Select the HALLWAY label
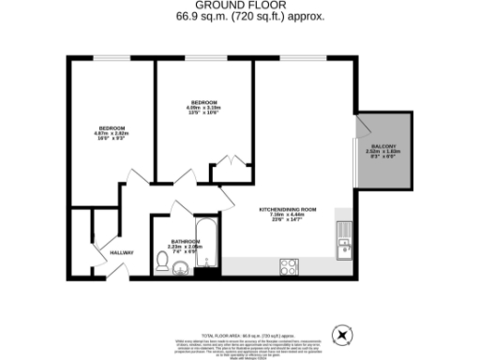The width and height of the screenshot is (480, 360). click(122, 252)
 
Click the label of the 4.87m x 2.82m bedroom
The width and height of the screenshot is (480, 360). click(111, 127)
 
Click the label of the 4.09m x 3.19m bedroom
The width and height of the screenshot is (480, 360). click(203, 101)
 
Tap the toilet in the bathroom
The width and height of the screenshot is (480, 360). click(161, 259)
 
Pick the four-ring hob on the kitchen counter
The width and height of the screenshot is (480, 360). click(289, 267)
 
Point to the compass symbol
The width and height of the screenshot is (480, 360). click(343, 334)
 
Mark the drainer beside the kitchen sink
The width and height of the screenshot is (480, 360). click(345, 231)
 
